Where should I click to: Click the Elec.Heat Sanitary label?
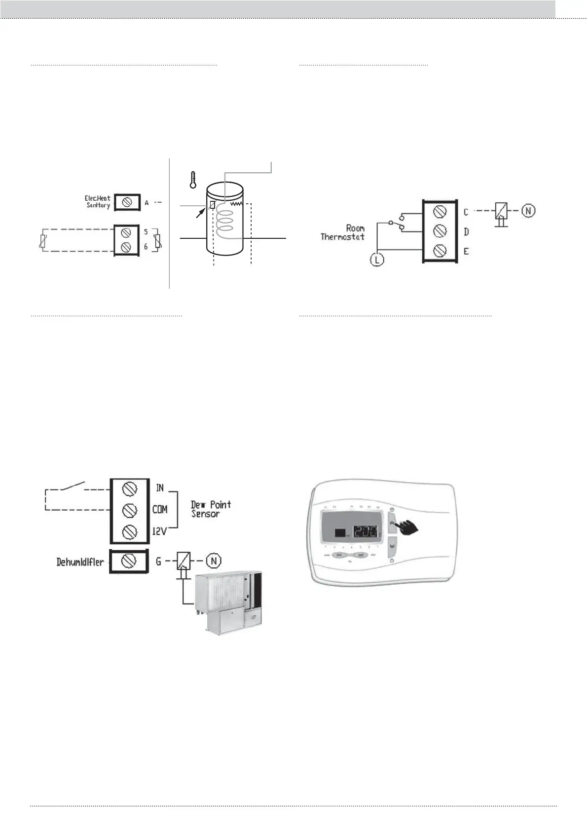tap(98, 202)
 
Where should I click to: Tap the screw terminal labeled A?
tap(127, 202)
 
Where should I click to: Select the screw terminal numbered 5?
tap(126, 233)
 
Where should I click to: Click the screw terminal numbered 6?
tap(126, 246)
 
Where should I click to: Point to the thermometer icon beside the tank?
tap(193, 180)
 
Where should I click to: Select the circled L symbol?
tap(377, 260)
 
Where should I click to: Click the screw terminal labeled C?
tap(440, 212)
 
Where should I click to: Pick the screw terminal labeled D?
tap(440, 231)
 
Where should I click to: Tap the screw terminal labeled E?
tap(440, 251)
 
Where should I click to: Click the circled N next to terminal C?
tap(528, 211)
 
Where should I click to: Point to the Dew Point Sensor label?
tap(211, 509)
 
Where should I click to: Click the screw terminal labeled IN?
tap(129, 489)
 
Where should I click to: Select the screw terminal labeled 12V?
tap(129, 532)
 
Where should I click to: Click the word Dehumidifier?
tap(80, 562)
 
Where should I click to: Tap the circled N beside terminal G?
tap(214, 561)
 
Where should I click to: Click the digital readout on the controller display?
tap(366, 532)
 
